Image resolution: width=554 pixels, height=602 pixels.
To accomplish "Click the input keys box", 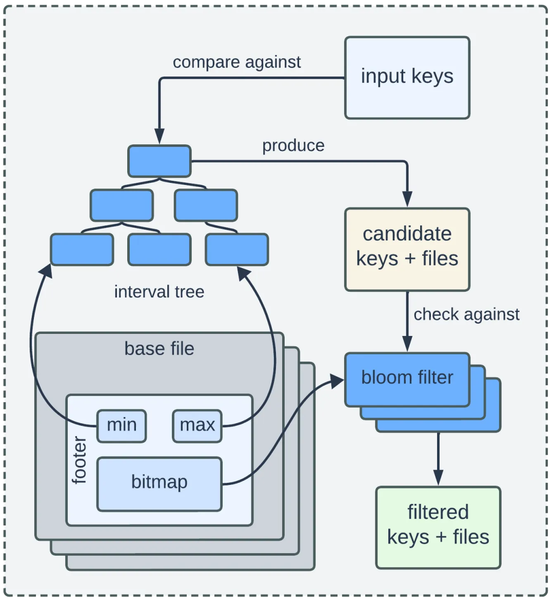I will point(407,78).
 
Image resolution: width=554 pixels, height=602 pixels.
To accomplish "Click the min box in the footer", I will point(122,426).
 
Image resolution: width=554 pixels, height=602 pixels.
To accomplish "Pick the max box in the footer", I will point(197,426).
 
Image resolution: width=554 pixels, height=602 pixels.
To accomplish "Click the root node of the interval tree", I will point(160,161).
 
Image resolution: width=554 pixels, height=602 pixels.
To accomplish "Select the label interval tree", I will point(159,292).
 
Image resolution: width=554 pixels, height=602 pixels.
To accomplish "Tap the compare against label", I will point(236,62).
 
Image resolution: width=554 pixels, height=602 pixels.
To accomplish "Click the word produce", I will point(293,146).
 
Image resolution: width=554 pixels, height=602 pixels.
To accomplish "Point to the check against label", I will point(466,314).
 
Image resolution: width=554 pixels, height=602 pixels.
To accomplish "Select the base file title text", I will point(159,349).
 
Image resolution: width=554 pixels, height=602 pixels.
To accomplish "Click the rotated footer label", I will point(80,460).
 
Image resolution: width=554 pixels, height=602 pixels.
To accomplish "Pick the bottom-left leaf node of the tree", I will point(82,250).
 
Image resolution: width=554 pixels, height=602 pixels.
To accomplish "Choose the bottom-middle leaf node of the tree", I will point(159,250).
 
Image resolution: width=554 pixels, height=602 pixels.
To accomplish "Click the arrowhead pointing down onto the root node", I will point(160,138).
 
